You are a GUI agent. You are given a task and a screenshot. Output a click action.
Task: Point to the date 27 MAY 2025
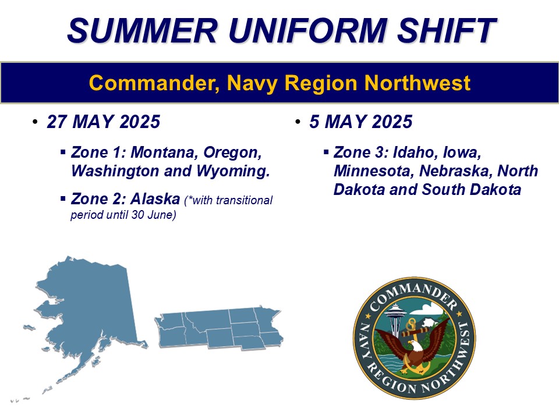click(x=104, y=123)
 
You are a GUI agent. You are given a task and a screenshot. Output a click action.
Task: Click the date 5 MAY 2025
click(x=361, y=123)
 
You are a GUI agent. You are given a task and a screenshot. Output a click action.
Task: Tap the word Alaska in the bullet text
click(x=155, y=200)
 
